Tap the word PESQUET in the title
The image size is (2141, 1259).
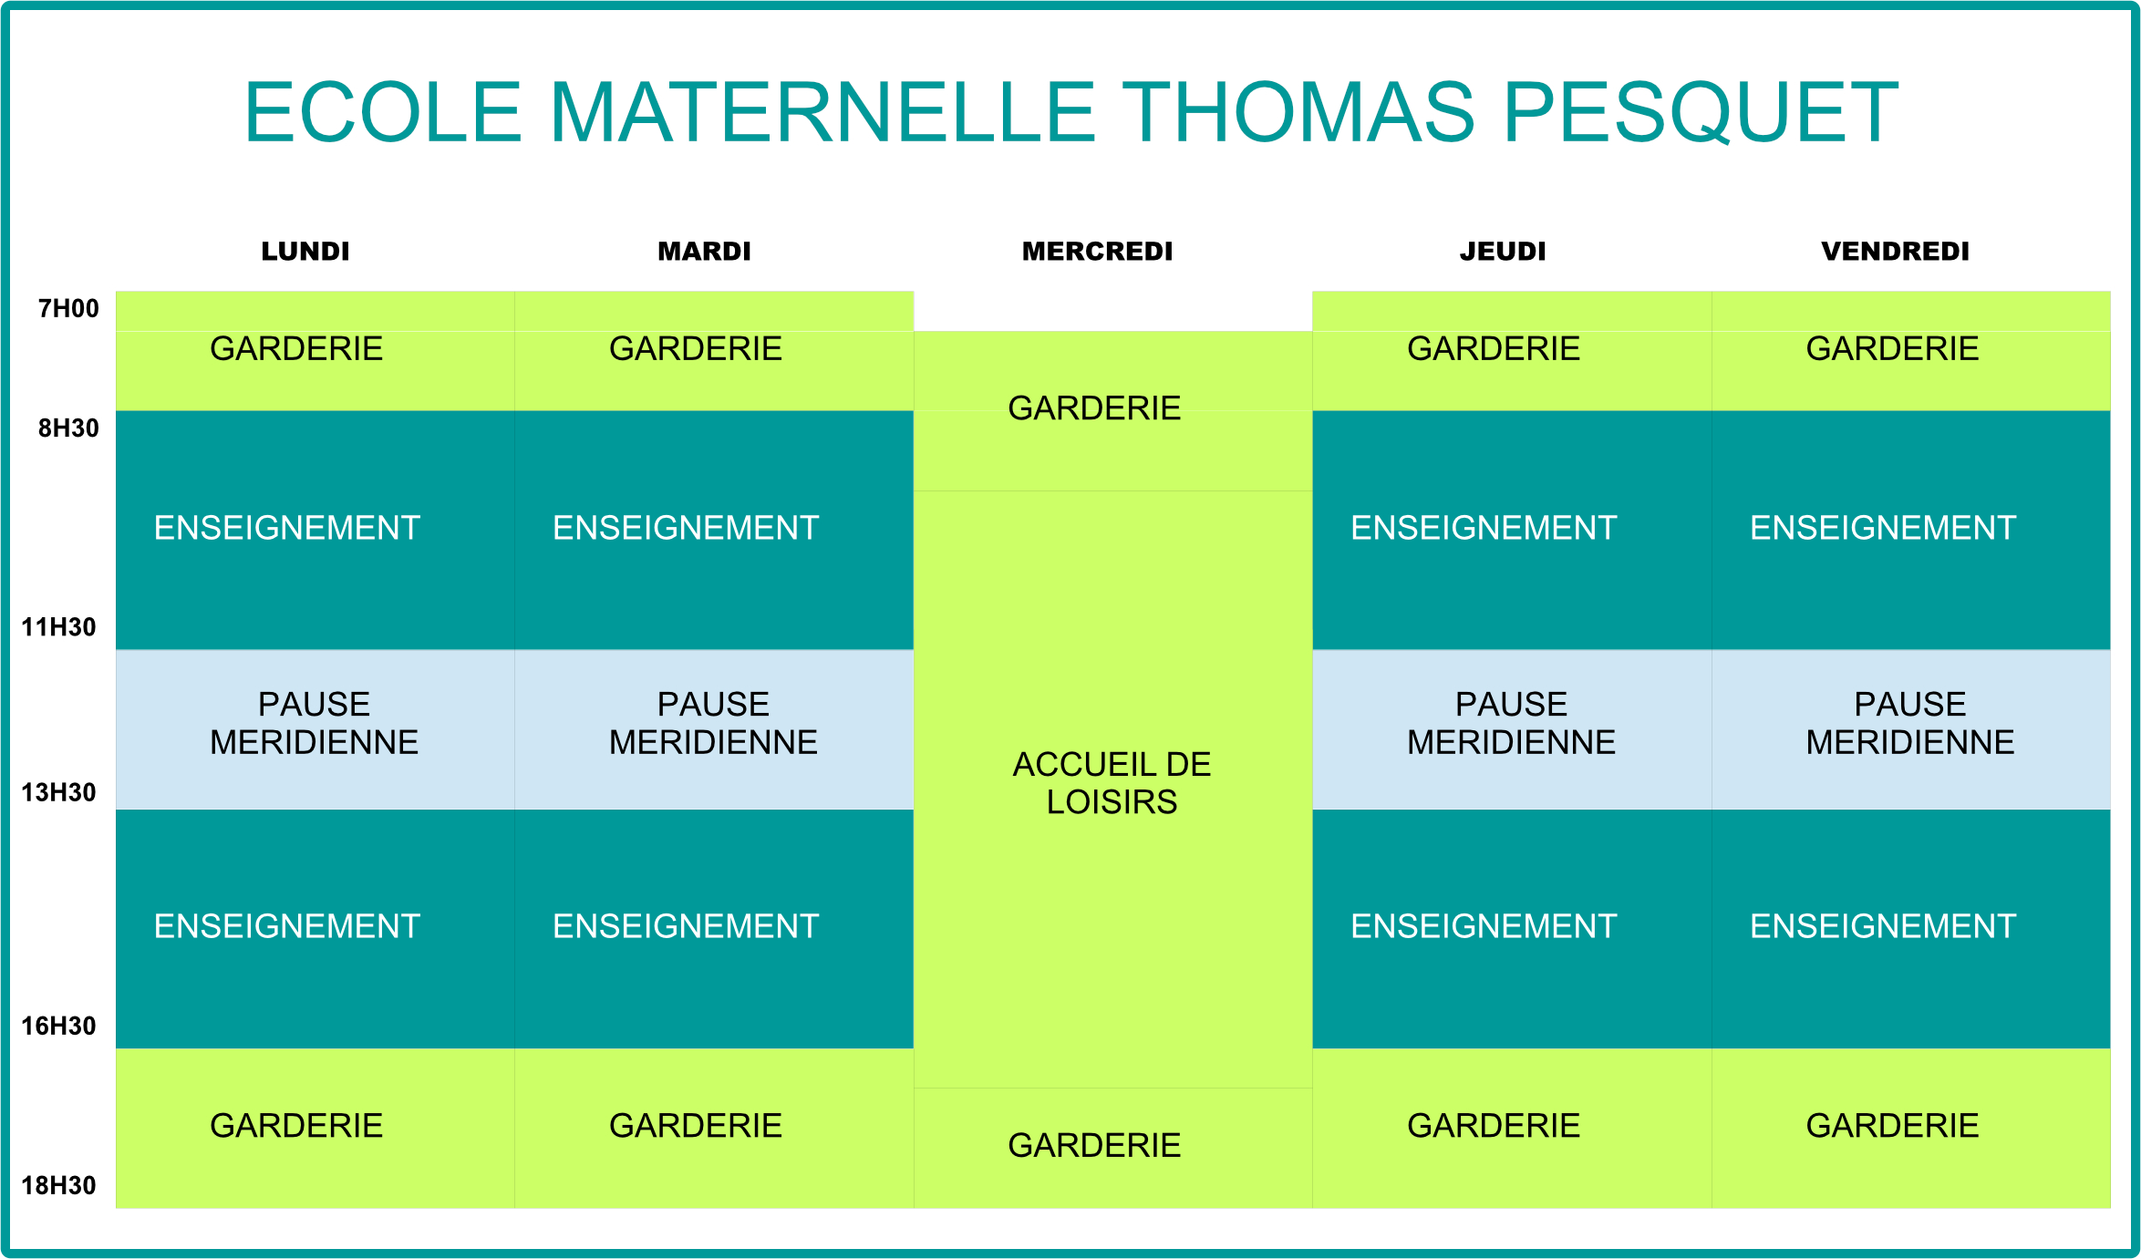(x=1701, y=112)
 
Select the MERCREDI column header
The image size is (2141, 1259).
(x=1097, y=252)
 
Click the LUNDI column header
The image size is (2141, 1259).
(x=305, y=252)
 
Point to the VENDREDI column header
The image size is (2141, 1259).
(x=1896, y=252)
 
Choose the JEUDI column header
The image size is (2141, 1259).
(x=1503, y=252)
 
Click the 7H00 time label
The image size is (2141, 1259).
(x=68, y=308)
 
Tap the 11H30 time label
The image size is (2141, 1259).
(x=58, y=627)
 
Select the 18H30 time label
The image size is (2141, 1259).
(x=58, y=1185)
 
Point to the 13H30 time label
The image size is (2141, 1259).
(x=58, y=792)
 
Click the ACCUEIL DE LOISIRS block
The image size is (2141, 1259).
(x=1112, y=789)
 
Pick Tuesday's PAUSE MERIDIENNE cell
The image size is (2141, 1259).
(x=714, y=729)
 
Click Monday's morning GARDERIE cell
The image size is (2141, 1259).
(x=315, y=351)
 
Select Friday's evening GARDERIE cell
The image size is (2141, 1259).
(x=1911, y=1129)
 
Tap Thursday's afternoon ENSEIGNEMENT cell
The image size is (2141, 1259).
(x=1512, y=929)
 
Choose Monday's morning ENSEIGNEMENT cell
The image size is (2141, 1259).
(x=315, y=531)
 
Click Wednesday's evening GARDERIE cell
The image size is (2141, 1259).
(x=1112, y=1149)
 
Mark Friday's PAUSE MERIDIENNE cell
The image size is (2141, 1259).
(x=1911, y=729)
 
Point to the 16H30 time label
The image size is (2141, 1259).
(x=58, y=1027)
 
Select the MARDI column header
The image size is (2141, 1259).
(x=704, y=252)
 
